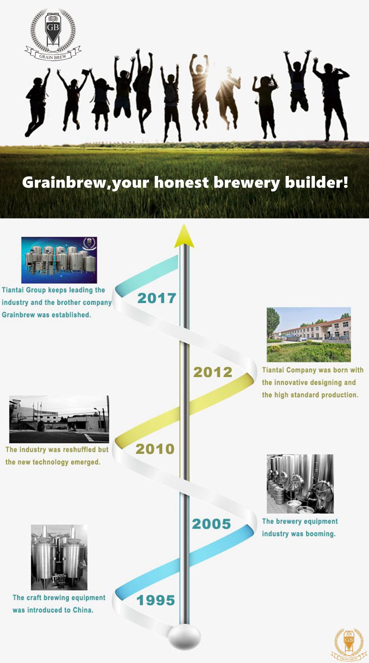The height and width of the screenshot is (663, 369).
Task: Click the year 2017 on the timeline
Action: point(157,298)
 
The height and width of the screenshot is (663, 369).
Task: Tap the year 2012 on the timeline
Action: point(212,372)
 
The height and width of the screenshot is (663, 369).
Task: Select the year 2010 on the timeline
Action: point(155,449)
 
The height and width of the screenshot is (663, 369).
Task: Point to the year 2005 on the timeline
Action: point(211,524)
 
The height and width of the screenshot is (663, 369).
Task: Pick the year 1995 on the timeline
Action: point(156,600)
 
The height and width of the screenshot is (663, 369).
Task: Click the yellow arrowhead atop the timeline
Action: point(184,236)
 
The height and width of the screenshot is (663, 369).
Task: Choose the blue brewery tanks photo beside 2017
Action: point(59,260)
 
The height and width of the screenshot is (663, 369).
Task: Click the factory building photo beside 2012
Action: point(309,335)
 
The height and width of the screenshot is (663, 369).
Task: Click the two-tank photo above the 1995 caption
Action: point(59,557)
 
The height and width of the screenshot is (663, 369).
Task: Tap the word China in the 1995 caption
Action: point(83,610)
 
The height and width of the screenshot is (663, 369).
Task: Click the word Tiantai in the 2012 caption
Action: point(273,370)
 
